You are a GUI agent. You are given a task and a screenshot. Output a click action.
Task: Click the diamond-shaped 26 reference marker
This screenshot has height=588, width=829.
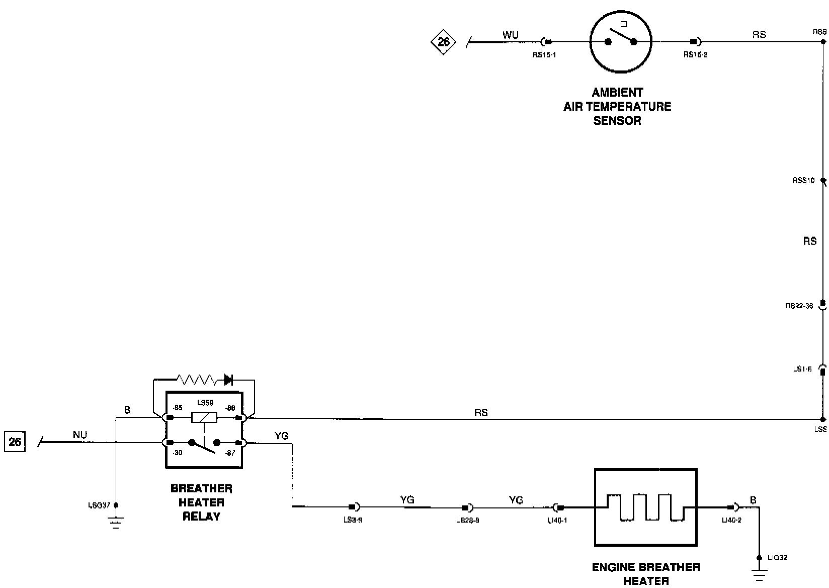pyautogui.click(x=443, y=42)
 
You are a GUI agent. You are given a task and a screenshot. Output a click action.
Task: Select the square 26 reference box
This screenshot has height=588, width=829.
pyautogui.click(x=15, y=442)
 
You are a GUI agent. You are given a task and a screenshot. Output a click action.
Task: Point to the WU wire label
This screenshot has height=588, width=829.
pyautogui.click(x=510, y=36)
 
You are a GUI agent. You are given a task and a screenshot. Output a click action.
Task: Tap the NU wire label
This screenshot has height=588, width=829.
pyautogui.click(x=80, y=434)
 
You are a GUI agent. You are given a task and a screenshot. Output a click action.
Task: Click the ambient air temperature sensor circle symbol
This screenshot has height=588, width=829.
pyautogui.click(x=621, y=42)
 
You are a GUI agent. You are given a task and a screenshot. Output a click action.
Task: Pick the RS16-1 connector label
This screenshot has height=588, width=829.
pyautogui.click(x=544, y=55)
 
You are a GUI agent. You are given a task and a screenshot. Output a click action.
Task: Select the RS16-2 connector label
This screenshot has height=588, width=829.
pyautogui.click(x=695, y=55)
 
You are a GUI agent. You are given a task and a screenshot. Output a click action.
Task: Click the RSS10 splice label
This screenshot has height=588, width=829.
pyautogui.click(x=803, y=181)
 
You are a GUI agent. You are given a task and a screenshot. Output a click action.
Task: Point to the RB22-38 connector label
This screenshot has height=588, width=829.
pyautogui.click(x=799, y=306)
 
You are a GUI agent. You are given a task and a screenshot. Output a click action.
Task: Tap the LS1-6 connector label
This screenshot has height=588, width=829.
pyautogui.click(x=802, y=369)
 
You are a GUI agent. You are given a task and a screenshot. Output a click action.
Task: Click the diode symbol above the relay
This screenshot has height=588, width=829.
pyautogui.click(x=228, y=379)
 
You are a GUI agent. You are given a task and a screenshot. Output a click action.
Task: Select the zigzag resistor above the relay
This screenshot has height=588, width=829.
pyautogui.click(x=197, y=379)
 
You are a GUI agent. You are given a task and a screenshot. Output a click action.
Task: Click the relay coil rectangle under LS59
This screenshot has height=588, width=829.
pyautogui.click(x=204, y=417)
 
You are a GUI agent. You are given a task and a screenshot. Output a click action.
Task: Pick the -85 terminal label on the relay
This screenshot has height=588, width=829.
pyautogui.click(x=177, y=407)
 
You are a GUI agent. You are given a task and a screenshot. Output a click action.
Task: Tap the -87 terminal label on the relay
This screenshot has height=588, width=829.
pyautogui.click(x=230, y=453)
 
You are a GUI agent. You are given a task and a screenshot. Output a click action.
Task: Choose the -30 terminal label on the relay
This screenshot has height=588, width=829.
pyautogui.click(x=177, y=453)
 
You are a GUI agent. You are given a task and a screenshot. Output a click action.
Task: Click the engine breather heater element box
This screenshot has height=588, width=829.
pyautogui.click(x=645, y=507)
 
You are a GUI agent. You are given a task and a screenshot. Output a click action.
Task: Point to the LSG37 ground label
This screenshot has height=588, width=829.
pyautogui.click(x=99, y=505)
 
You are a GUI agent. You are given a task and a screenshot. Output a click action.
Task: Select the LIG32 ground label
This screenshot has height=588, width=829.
pyautogui.click(x=777, y=557)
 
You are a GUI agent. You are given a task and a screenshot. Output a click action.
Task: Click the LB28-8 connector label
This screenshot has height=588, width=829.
pyautogui.click(x=467, y=521)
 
